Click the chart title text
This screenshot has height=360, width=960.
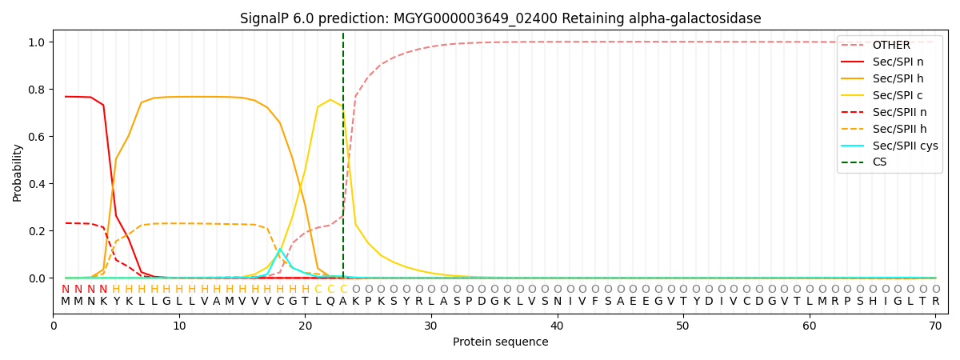coord(500,18)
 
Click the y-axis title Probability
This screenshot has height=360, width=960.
coord(18,172)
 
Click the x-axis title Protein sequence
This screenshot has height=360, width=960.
coord(500,342)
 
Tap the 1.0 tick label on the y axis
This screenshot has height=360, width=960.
coord(38,42)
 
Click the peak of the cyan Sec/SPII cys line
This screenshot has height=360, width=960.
coord(280,250)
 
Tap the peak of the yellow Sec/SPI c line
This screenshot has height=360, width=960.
coord(330,100)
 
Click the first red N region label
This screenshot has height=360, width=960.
coord(66,290)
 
